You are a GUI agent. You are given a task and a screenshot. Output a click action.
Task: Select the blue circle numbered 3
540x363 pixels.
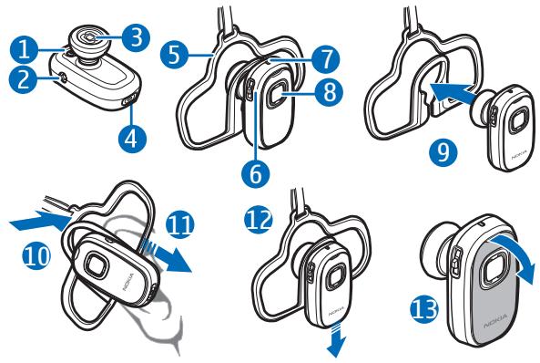pyautogui.click(x=135, y=36)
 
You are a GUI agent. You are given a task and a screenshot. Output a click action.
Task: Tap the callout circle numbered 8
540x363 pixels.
pyautogui.click(x=331, y=91)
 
